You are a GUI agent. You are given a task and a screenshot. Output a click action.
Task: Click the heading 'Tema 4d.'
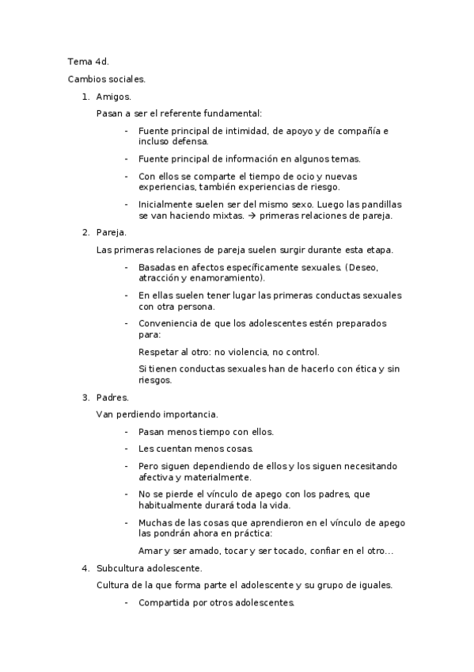[x=88, y=61]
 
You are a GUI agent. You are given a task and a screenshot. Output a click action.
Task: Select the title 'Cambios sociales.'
[x=107, y=79]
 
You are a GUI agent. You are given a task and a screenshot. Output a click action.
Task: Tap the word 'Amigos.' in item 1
[x=113, y=97]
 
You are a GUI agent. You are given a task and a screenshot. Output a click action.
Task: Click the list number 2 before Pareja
[x=85, y=232]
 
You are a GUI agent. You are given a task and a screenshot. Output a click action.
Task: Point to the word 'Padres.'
[x=112, y=397]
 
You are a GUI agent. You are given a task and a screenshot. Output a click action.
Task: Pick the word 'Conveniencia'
[x=168, y=323]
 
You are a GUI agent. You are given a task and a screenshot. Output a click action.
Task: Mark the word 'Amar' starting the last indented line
[x=150, y=551]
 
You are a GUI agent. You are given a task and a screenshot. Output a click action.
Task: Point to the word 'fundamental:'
[x=235, y=113]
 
